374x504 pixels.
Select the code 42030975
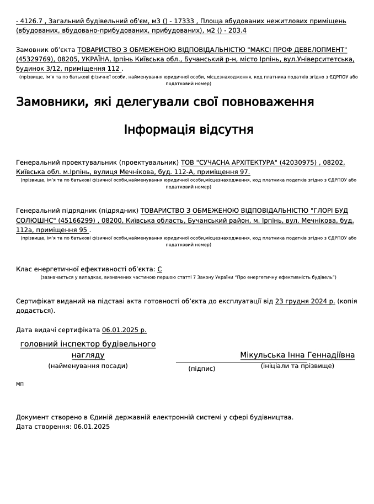(x=298, y=162)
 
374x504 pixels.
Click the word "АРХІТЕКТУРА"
(x=249, y=162)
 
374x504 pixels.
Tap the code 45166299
(x=78, y=220)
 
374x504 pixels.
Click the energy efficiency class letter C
(x=159, y=269)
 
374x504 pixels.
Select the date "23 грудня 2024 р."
(x=305, y=301)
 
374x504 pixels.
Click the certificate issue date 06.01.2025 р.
(x=124, y=330)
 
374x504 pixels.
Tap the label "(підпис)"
(x=202, y=368)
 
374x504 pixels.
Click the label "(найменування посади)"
(x=88, y=366)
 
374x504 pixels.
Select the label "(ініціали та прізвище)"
(x=297, y=366)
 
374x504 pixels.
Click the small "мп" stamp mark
(x=20, y=384)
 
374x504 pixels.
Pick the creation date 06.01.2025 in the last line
(x=92, y=427)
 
